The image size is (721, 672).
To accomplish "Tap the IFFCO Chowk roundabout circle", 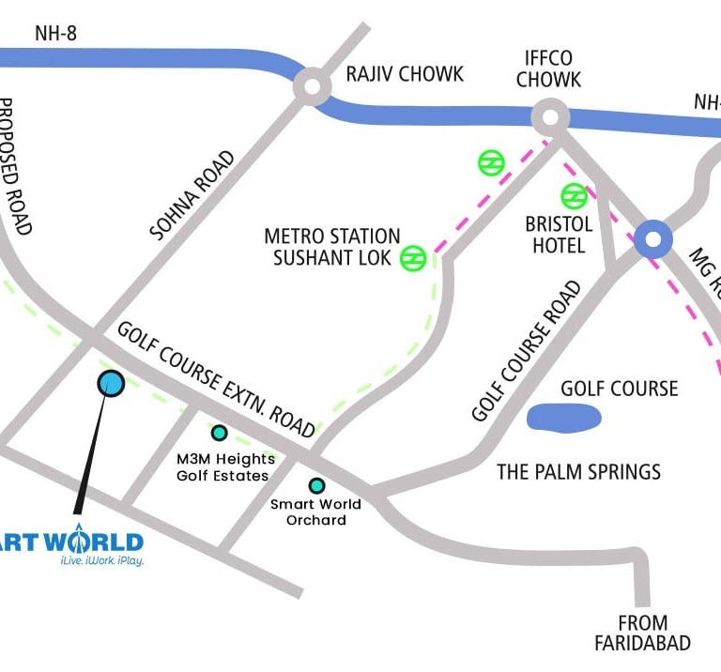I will pos(550,118).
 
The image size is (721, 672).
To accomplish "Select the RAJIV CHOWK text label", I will pos(405,74).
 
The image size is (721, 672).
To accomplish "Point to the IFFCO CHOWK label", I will pos(548,69).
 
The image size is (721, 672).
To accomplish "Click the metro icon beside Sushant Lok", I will pos(413,258).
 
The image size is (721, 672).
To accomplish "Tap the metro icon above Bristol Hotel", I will pos(574,196).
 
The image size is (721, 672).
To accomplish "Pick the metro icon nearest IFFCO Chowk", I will pos(490,162).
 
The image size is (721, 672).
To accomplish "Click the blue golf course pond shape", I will pos(563,417).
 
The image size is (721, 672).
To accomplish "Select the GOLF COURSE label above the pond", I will pos(619,388).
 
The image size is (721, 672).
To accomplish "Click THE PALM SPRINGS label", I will pos(578,471).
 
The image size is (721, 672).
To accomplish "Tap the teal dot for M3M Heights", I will pos(219,433).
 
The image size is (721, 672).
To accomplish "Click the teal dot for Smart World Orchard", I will pos(317,485).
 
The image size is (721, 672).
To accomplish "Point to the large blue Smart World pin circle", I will pos(111,383).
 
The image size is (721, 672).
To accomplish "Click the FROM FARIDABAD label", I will pos(642,633).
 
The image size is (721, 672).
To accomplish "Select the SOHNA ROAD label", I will pos(192,196).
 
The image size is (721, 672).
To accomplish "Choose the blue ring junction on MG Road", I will pos(652,239).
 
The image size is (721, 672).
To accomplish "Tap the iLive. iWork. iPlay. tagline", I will pos(101,560).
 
